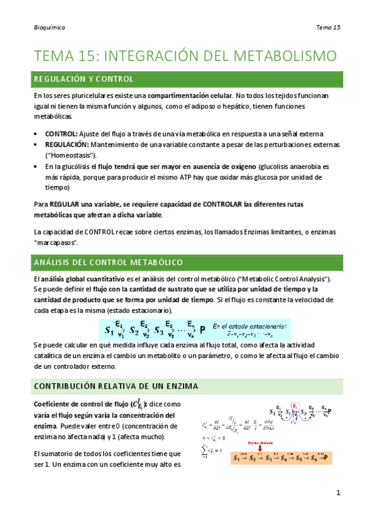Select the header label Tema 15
(x=328, y=27)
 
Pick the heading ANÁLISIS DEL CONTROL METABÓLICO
(x=107, y=263)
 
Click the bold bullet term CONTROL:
(x=61, y=134)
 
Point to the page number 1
(x=338, y=493)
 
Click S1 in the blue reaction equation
(x=110, y=329)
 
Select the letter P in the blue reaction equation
(x=202, y=329)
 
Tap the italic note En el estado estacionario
(x=249, y=326)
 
